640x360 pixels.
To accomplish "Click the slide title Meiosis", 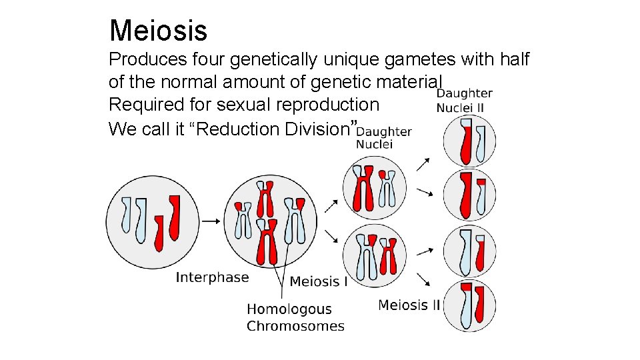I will pos(158,31).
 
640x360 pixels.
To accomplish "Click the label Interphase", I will pos(212,277).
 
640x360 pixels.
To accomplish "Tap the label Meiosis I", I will pos(319,281).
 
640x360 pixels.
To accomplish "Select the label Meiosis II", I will pos(409,305).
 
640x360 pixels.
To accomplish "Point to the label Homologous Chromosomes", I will pos(295,317).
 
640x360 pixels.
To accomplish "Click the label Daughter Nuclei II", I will pos(465,100).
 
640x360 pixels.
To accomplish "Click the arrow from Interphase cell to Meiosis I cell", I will pos(211,221).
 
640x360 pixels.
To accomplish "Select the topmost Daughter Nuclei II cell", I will pos(470,141).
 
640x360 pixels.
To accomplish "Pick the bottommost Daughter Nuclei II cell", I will pos(470,306).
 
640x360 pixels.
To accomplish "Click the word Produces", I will pos(146,60).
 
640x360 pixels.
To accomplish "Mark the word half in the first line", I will pos(513,60).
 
